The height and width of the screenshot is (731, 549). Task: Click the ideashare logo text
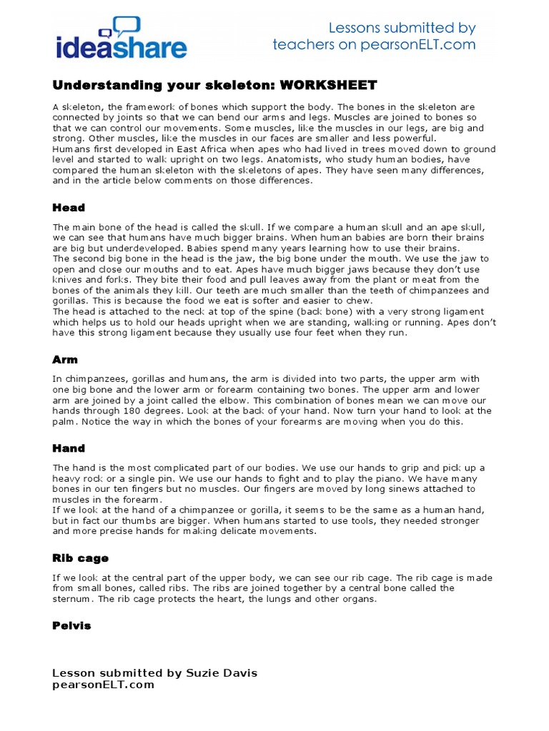coord(122,48)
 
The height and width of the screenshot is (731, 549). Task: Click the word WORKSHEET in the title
coord(328,86)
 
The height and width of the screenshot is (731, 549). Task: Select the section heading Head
coord(69,208)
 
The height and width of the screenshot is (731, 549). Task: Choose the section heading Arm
coord(65,360)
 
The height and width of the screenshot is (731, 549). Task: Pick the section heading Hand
coord(69,448)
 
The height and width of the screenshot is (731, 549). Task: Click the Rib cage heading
coord(80,558)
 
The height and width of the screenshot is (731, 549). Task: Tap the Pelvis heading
coord(71,625)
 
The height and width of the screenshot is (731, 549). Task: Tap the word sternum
coord(71,599)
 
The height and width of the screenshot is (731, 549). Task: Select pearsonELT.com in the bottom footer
coord(103,685)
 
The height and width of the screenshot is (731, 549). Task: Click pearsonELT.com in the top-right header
coord(415,45)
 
